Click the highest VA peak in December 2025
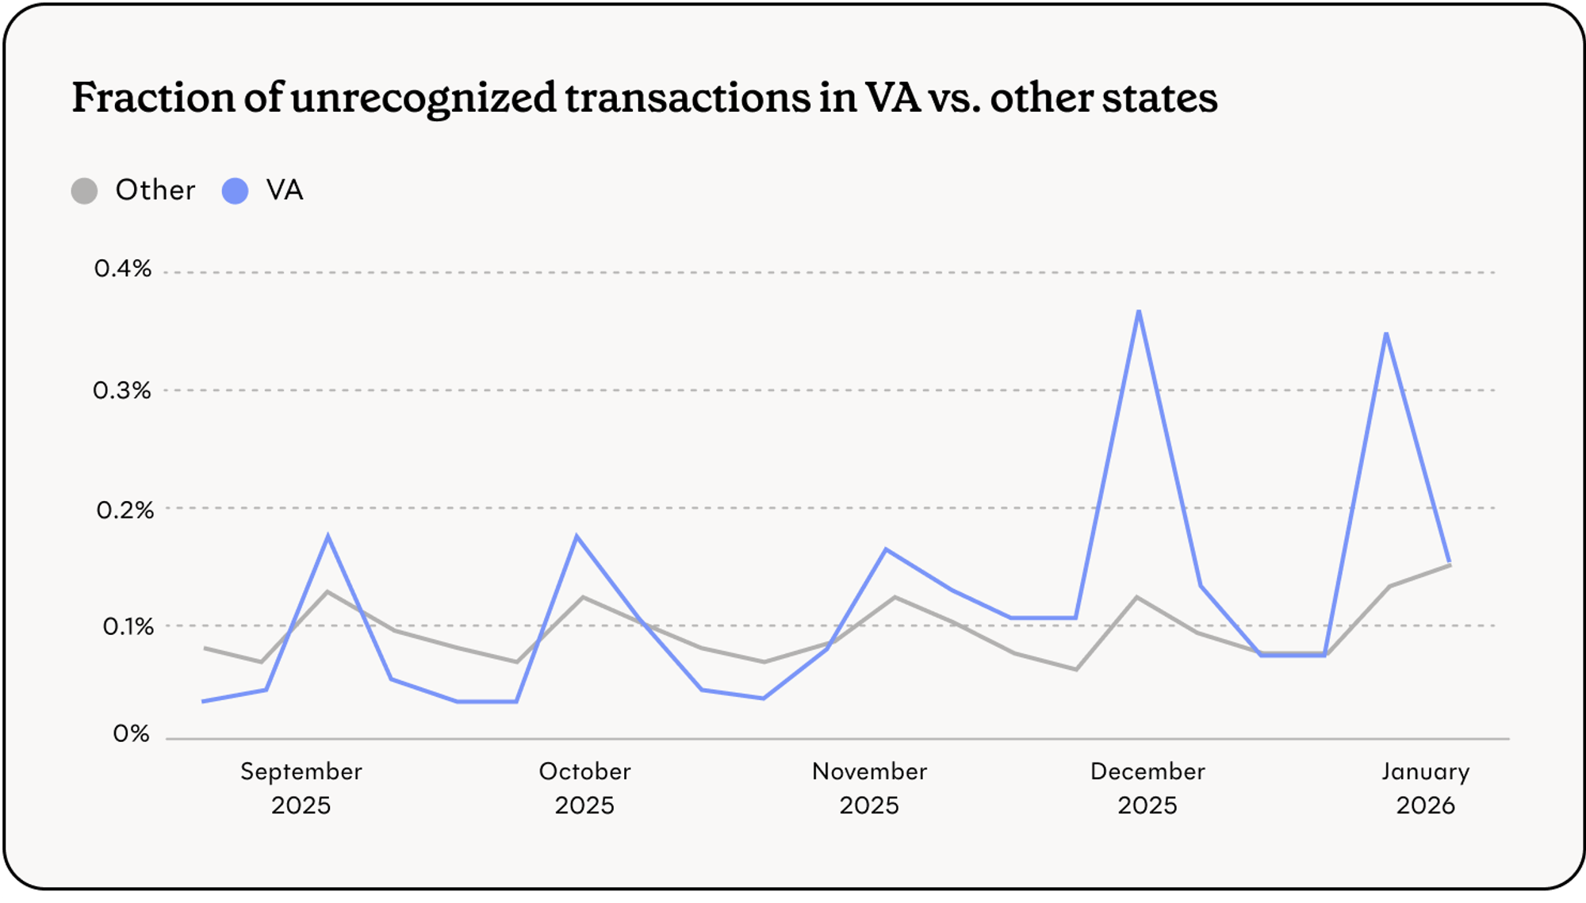pos(1139,312)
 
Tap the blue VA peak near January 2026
pos(1386,334)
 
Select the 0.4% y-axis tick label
pos(122,269)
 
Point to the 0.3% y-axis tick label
pos(121,390)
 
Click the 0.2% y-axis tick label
pos(125,510)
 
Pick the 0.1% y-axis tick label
pos(128,626)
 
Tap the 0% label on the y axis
pos(131,733)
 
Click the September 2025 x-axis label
pos(301,788)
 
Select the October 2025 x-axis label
pos(584,788)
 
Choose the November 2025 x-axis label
pos(869,788)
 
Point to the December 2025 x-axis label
pos(1147,788)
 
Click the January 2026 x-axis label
pos(1425,788)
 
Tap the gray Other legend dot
pos(84,191)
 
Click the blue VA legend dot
pos(235,191)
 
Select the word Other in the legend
pos(155,190)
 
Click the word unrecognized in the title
pos(423,98)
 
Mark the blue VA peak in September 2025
pos(328,537)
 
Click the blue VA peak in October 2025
pos(577,537)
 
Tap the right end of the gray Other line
pos(1450,564)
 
